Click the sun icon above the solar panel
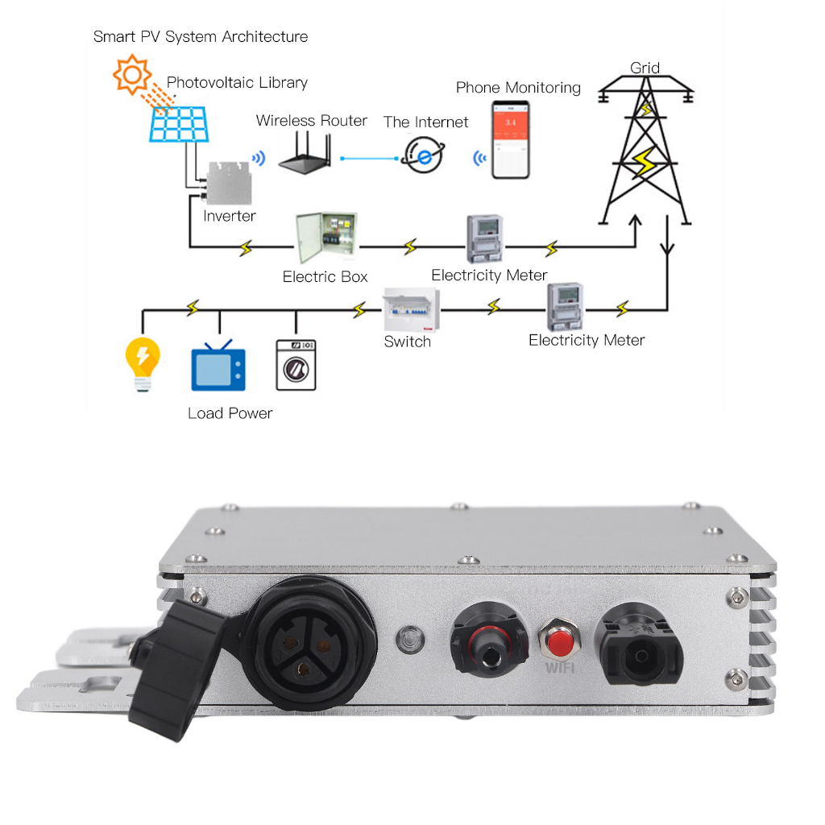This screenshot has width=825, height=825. coord(133,76)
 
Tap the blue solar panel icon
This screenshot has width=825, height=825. coord(180,126)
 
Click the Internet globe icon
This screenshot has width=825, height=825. coord(421,155)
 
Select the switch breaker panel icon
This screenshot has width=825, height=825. coord(411,309)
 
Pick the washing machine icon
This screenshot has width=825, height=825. coord(296,364)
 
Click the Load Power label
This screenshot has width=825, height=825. coord(230,413)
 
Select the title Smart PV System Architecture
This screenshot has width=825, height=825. coord(201,36)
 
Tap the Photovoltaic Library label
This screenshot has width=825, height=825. coord(237,83)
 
